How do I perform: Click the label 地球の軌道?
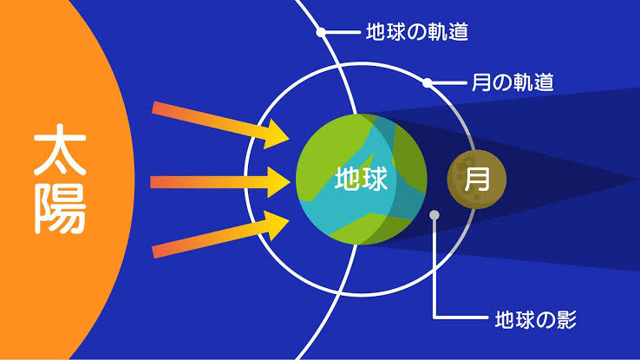[417, 32]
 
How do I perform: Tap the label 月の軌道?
[513, 82]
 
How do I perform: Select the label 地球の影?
[535, 319]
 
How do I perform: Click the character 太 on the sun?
[60, 150]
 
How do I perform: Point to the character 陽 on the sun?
[60, 208]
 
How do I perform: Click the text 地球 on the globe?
[361, 179]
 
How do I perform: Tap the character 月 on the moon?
[477, 179]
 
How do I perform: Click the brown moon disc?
[477, 179]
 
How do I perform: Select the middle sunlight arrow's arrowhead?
[278, 182]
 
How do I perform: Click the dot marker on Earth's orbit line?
[321, 32]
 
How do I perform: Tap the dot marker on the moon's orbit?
[427, 83]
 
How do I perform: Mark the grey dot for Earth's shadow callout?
[434, 214]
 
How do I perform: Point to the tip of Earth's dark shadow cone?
[638, 180]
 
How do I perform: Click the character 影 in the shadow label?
[566, 319]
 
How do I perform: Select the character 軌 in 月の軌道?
[523, 82]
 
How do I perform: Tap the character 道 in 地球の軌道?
[458, 32]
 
